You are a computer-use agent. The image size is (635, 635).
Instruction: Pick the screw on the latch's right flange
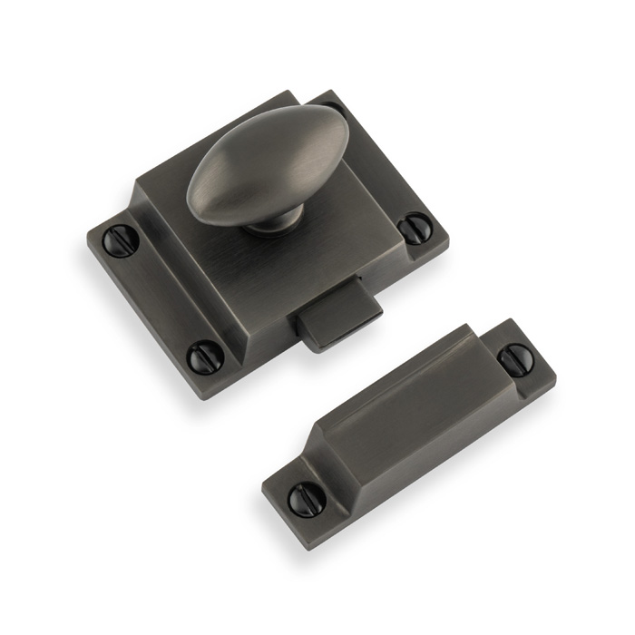[415, 227]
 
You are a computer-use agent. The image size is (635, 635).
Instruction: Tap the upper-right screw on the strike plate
[515, 360]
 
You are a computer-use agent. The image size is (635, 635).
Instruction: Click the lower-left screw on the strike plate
[302, 499]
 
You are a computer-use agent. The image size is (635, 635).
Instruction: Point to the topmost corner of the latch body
[292, 91]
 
